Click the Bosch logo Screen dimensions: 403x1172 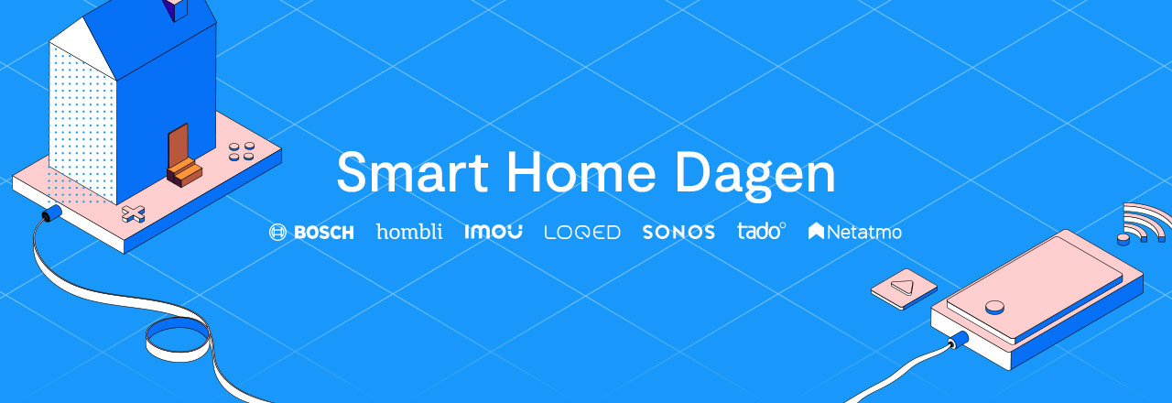pyautogui.click(x=311, y=233)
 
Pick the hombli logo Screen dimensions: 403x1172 pyautogui.click(x=409, y=231)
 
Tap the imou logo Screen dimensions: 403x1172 pyautogui.click(x=494, y=232)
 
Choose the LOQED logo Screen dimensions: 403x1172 pyautogui.click(x=582, y=233)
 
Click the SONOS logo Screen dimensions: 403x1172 pyautogui.click(x=678, y=233)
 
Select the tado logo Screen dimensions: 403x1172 pyautogui.click(x=761, y=231)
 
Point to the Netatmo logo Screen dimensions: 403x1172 pyautogui.click(x=855, y=233)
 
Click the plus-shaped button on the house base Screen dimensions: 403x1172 pyautogui.click(x=134, y=215)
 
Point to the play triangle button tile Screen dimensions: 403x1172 pyautogui.click(x=904, y=288)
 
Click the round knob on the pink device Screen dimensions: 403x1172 pyautogui.click(x=995, y=306)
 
